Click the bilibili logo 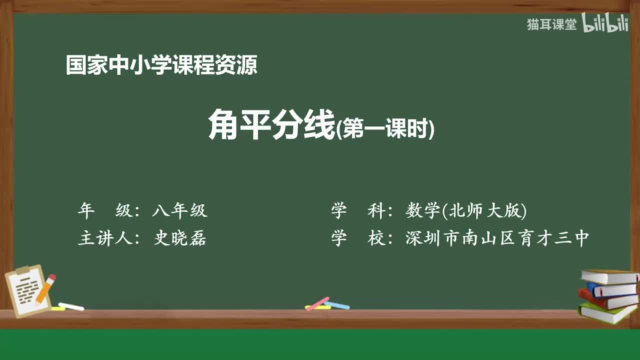pyautogui.click(x=605, y=23)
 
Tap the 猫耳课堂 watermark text pyautogui.click(x=551, y=24)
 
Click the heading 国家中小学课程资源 pyautogui.click(x=161, y=65)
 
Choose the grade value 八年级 pyautogui.click(x=179, y=211)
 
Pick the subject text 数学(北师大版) pyautogui.click(x=466, y=211)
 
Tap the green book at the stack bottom pyautogui.click(x=607, y=312)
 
